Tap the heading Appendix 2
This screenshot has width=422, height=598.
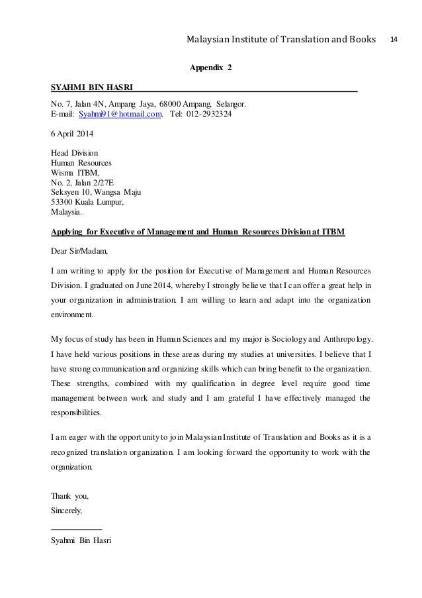click(211, 68)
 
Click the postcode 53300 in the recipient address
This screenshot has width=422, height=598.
click(63, 203)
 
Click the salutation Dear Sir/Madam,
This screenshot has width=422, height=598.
click(79, 252)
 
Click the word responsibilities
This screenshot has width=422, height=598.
click(77, 411)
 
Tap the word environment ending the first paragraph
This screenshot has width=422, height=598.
click(73, 315)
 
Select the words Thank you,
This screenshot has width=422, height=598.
click(69, 496)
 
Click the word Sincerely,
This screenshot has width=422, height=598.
click(67, 511)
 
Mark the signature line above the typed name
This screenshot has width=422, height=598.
click(76, 528)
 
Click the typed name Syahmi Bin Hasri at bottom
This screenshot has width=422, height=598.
click(80, 541)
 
